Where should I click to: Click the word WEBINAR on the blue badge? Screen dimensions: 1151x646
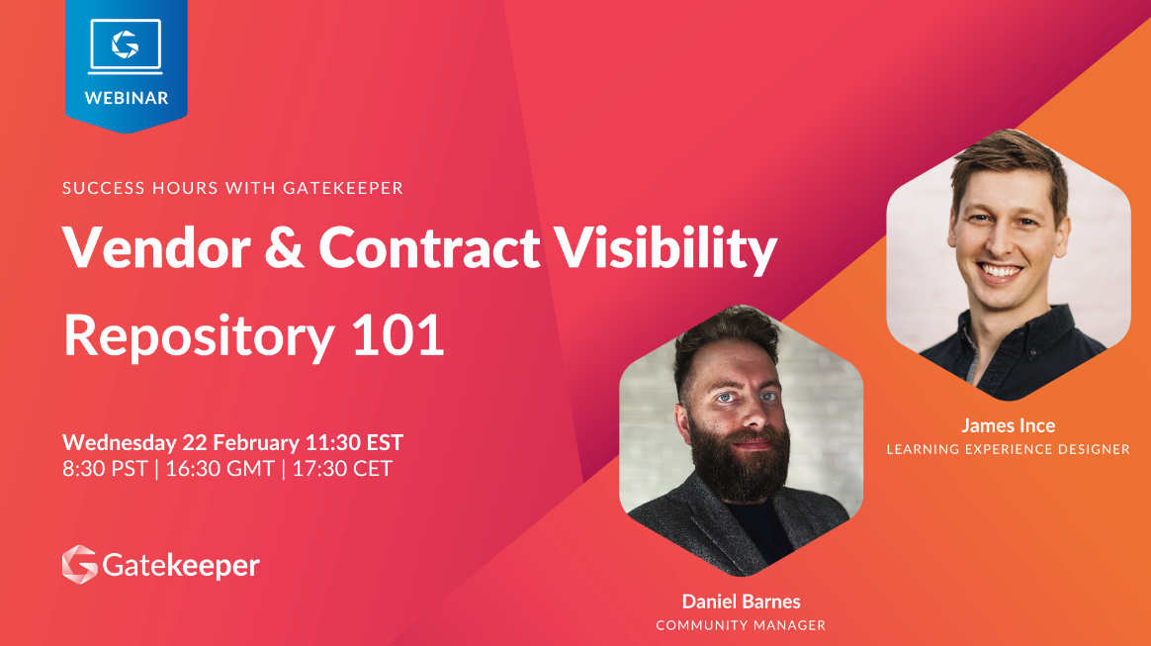pyautogui.click(x=127, y=98)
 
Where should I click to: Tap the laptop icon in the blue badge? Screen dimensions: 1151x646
pyautogui.click(x=126, y=46)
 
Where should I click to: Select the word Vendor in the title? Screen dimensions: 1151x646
pyautogui.click(x=156, y=247)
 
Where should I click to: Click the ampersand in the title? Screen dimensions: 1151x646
pyautogui.click(x=284, y=247)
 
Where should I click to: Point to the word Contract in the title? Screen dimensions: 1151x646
pyautogui.click(x=429, y=247)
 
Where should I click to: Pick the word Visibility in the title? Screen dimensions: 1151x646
pyautogui.click(x=665, y=249)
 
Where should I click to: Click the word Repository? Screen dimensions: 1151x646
pyautogui.click(x=199, y=337)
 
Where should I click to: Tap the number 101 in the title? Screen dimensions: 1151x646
pyautogui.click(x=398, y=334)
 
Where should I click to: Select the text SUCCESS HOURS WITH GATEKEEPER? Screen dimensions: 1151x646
pyautogui.click(x=232, y=188)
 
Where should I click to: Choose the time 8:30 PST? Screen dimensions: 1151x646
pyautogui.click(x=105, y=468)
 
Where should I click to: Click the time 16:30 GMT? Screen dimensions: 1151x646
pyautogui.click(x=221, y=468)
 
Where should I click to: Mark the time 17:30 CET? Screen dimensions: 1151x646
pyautogui.click(x=342, y=468)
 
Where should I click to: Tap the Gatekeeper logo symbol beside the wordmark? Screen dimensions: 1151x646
pyautogui.click(x=80, y=565)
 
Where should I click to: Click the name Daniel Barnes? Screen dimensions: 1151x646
pyautogui.click(x=742, y=601)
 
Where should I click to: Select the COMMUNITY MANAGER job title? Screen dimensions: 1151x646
pyautogui.click(x=741, y=625)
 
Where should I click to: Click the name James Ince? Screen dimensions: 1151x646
pyautogui.click(x=1009, y=425)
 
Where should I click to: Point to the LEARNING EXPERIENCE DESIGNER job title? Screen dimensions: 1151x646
pyautogui.click(x=1009, y=449)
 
